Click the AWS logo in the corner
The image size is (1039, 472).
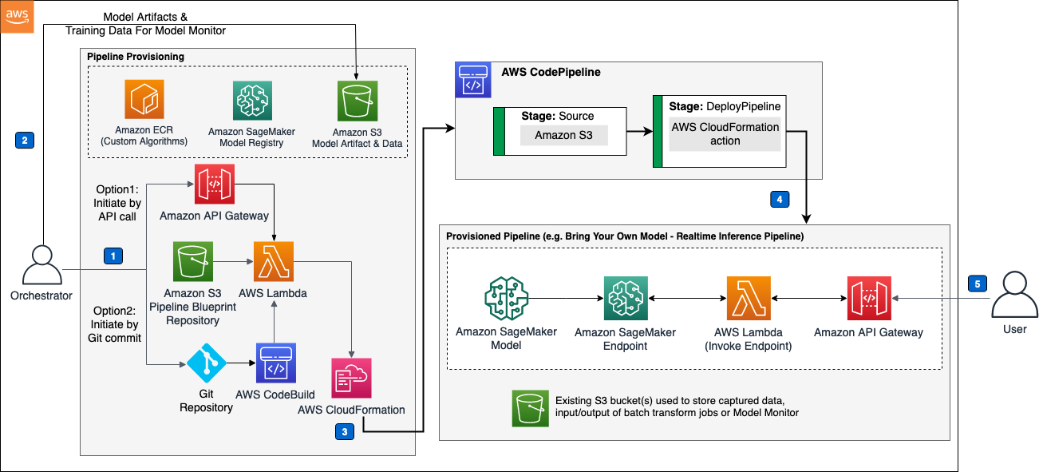point(17,17)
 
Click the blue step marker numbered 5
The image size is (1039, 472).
point(977,283)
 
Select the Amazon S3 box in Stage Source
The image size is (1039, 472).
point(563,136)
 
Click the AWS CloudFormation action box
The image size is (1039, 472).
point(725,134)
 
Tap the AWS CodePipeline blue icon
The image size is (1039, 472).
point(472,80)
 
